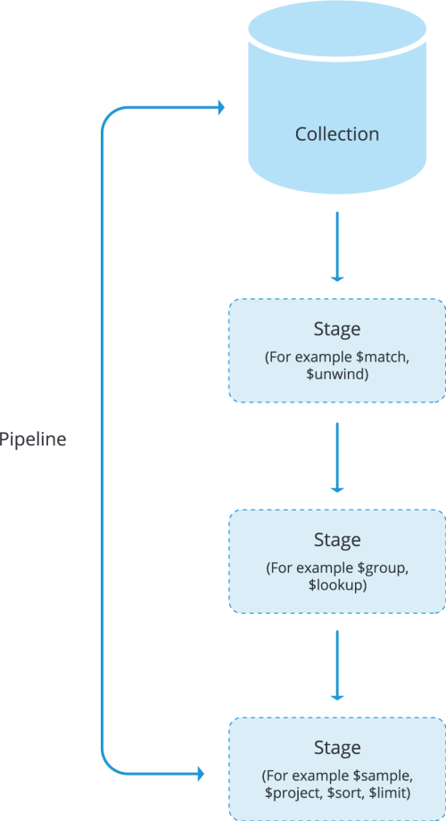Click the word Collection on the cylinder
[337, 134]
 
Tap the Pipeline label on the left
[33, 440]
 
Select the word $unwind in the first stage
[337, 376]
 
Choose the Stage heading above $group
[337, 540]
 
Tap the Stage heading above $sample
[337, 747]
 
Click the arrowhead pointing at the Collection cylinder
[220, 108]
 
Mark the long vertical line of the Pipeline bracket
[103, 440]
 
